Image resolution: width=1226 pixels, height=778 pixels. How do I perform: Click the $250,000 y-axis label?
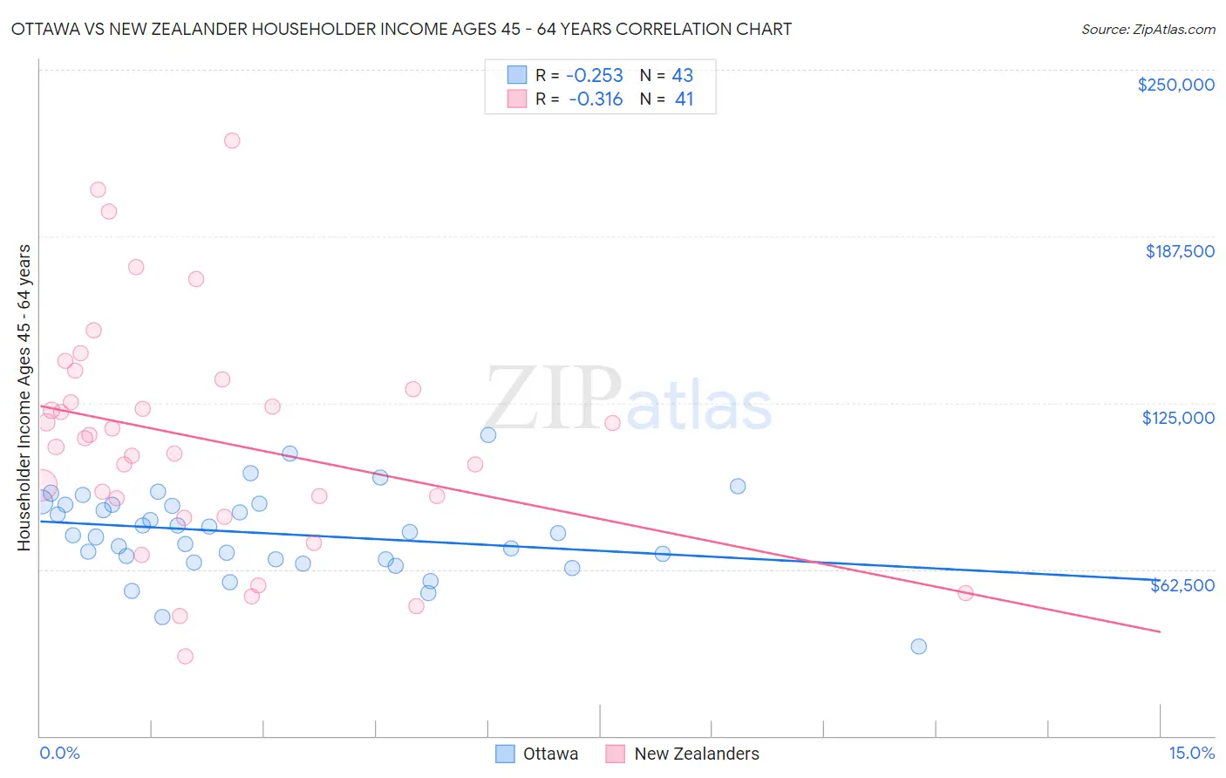click(x=1175, y=85)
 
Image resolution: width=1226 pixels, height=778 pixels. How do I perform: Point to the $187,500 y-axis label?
click(x=1179, y=251)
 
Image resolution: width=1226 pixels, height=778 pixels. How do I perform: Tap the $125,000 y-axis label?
click(x=1178, y=418)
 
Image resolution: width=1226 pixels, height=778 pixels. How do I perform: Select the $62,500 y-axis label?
click(x=1182, y=585)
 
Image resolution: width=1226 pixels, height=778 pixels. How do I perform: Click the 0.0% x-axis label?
click(x=59, y=753)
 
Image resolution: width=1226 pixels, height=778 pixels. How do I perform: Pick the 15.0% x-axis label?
click(x=1191, y=753)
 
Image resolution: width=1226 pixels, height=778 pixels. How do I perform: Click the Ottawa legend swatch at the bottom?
click(x=505, y=754)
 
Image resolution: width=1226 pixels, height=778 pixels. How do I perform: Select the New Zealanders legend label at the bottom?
click(x=697, y=754)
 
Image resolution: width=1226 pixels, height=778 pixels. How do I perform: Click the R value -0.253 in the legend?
click(x=595, y=76)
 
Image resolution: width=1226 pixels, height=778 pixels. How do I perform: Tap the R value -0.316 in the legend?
click(x=596, y=99)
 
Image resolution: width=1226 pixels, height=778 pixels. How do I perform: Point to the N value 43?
click(x=682, y=76)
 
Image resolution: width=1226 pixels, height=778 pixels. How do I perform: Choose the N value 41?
click(x=684, y=99)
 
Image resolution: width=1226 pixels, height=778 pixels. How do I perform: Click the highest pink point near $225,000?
click(x=232, y=140)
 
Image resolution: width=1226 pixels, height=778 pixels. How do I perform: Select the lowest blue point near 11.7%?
click(x=918, y=646)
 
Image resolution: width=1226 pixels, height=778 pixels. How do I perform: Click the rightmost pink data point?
click(x=965, y=593)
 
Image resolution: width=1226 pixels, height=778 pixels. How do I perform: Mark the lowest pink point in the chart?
click(x=185, y=656)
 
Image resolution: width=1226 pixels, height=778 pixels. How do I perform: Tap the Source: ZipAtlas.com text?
click(x=1148, y=30)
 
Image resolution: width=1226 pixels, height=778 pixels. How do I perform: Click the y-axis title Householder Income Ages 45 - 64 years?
click(x=24, y=398)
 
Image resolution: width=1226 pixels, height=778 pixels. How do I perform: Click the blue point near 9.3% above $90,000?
click(x=738, y=486)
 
